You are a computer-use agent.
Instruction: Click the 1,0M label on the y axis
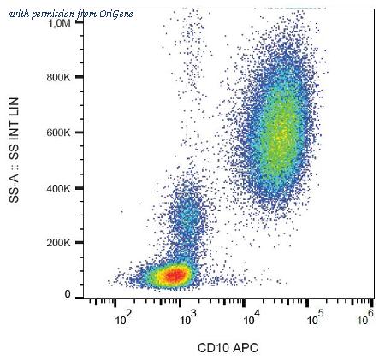[59, 23]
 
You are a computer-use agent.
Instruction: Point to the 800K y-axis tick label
[58, 77]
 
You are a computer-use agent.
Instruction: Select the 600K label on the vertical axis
[58, 133]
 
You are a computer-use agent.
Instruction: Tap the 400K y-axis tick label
[58, 188]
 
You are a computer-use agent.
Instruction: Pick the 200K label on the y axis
[58, 243]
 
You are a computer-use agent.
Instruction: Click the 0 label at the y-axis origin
[68, 294]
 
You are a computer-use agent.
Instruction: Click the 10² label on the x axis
[123, 319]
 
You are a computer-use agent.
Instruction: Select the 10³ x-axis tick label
[187, 319]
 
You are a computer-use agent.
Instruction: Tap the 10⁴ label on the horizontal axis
[252, 319]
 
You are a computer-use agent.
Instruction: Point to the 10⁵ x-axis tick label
[316, 319]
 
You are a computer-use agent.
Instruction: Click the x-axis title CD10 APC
[228, 348]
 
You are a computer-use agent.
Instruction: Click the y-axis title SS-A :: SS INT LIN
[14, 150]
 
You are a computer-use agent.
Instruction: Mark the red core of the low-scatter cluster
[176, 274]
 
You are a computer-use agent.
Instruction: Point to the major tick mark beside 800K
[80, 77]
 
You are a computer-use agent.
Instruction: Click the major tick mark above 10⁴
[244, 304]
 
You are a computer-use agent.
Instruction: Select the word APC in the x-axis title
[246, 348]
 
